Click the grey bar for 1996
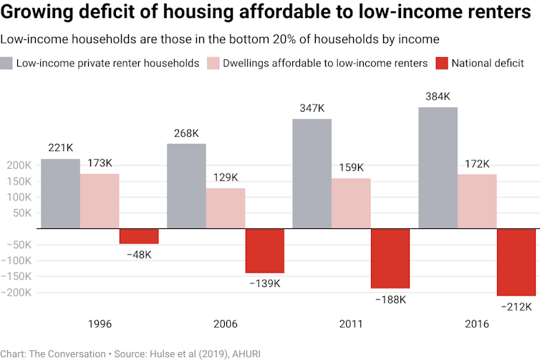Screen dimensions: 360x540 point(60,193)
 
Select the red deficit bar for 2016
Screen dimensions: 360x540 point(516,262)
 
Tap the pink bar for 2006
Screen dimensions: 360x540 point(226,208)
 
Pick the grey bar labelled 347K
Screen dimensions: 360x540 point(312,174)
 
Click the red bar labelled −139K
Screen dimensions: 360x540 point(265,250)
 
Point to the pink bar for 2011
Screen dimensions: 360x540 point(351,203)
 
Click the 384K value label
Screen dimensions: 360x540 point(438,96)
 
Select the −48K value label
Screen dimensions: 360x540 point(139,256)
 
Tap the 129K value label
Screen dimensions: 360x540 point(226,177)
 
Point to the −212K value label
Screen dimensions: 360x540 point(516,307)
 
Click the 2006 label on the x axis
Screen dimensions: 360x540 point(226,324)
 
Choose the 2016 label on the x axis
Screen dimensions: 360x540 point(476,324)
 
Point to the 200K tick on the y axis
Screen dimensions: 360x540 point(19,165)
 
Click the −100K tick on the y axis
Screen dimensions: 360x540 point(17,261)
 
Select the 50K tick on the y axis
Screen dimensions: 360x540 point(21,213)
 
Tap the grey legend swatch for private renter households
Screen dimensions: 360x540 point(7,63)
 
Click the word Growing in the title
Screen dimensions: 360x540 point(41,14)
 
